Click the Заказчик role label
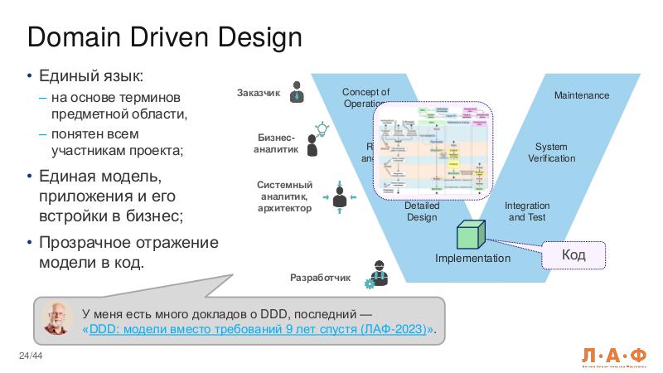(258, 93)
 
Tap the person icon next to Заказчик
(297, 94)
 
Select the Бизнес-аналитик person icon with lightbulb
(314, 141)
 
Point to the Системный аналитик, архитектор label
(284, 196)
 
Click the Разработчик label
(321, 277)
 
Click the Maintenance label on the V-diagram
(581, 95)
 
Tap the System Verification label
(551, 153)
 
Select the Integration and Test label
(527, 211)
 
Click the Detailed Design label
(421, 211)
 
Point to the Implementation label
(472, 259)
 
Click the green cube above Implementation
(468, 235)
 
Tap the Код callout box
(573, 254)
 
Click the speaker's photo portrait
(58, 317)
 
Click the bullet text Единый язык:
(91, 77)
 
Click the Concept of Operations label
(365, 97)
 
